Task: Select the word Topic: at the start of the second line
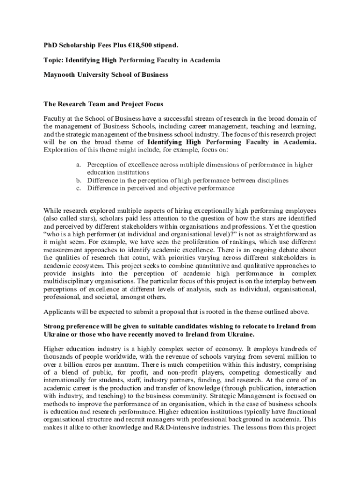53,60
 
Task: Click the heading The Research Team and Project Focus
103,104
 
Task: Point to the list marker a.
79,165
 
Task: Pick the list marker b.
79,180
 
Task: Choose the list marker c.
79,188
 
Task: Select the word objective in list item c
184,188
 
